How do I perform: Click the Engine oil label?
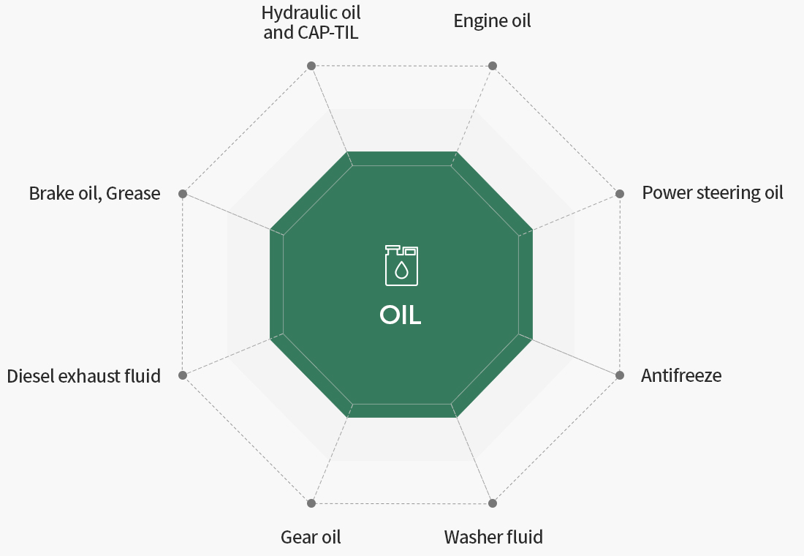(492, 21)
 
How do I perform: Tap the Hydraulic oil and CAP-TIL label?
(311, 22)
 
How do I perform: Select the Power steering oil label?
(712, 192)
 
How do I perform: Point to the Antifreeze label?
(681, 375)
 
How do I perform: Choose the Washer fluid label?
(493, 537)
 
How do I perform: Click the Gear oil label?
(311, 537)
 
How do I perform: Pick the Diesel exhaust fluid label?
(83, 376)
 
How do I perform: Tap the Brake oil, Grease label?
(94, 194)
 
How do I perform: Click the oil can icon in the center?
(401, 265)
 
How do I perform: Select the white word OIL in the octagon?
(401, 315)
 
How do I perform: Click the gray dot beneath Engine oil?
(492, 65)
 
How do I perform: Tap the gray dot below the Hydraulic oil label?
(311, 65)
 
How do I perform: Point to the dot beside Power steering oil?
(619, 194)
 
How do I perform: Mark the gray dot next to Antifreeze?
(619, 375)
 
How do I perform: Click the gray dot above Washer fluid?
(492, 503)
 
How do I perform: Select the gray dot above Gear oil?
(311, 503)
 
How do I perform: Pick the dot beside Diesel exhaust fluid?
(183, 375)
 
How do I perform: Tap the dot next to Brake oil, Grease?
(183, 194)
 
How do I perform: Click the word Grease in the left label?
(133, 194)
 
